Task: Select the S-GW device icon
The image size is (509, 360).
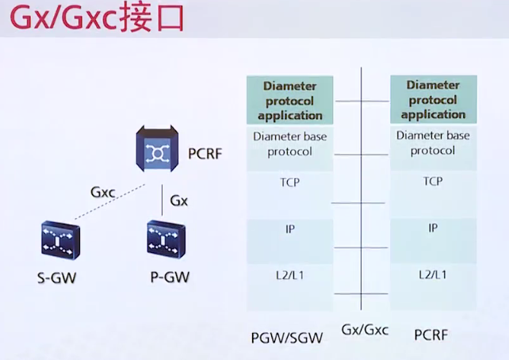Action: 60,241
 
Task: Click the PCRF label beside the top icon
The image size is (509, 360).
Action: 205,151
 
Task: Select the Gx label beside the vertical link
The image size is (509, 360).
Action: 179,201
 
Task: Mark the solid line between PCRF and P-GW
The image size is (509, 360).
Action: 162,199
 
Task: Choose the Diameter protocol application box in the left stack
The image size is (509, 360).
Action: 289,101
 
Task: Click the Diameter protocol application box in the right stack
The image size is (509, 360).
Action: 433,100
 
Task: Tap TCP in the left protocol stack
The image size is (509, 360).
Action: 289,182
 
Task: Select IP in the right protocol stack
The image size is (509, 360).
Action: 433,228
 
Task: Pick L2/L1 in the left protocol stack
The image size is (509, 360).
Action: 289,275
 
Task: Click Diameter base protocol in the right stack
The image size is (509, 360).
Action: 433,143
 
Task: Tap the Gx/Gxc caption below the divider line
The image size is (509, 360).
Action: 365,329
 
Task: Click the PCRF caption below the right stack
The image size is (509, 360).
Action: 431,335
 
